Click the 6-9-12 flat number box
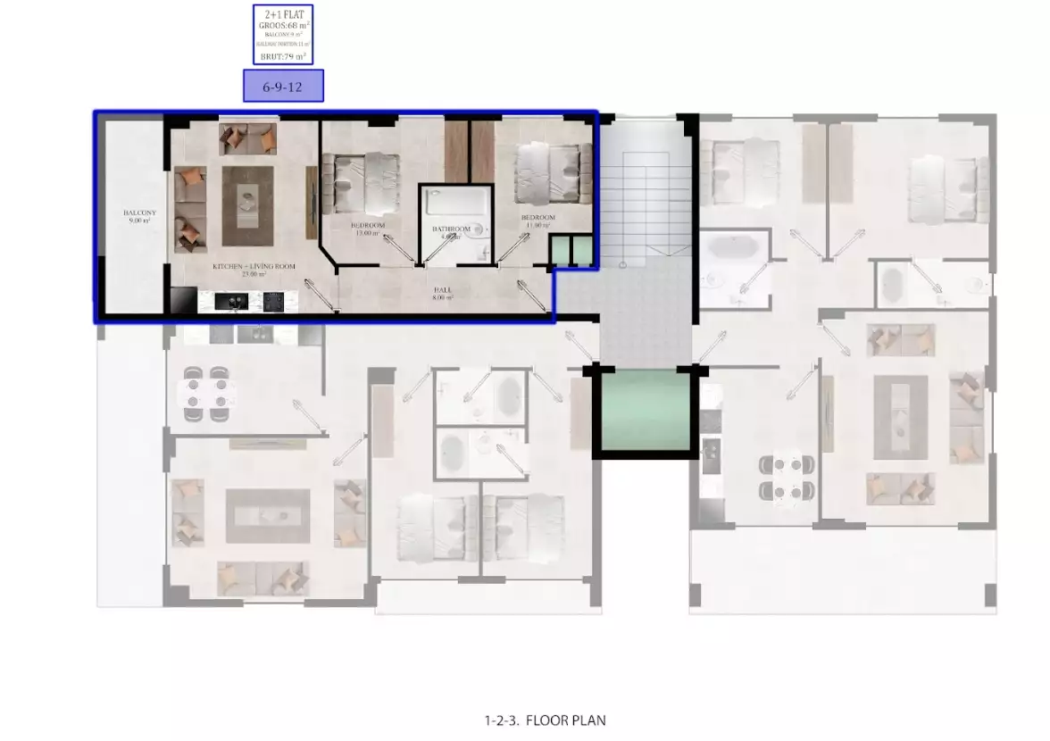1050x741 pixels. pyautogui.click(x=283, y=86)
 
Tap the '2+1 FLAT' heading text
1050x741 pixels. pyautogui.click(x=283, y=15)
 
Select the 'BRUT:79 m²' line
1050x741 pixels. pyautogui.click(x=283, y=56)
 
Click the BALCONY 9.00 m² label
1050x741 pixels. pyautogui.click(x=139, y=215)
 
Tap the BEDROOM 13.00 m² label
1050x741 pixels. pyautogui.click(x=368, y=229)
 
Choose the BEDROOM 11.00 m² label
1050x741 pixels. pyautogui.click(x=538, y=221)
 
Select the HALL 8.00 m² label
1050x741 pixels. pyautogui.click(x=444, y=293)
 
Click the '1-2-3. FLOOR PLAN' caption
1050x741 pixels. pyautogui.click(x=546, y=720)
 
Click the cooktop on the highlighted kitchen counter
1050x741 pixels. pyautogui.click(x=273, y=303)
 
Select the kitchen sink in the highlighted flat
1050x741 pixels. pyautogui.click(x=229, y=303)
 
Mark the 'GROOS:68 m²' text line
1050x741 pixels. pyautogui.click(x=283, y=26)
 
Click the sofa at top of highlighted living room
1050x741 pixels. pyautogui.click(x=247, y=138)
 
